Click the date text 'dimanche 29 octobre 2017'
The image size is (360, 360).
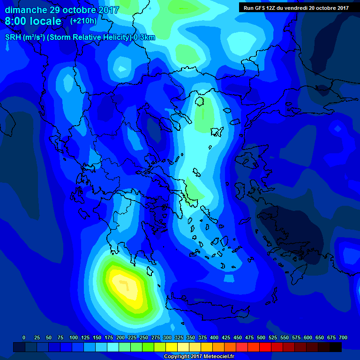coord(62,10)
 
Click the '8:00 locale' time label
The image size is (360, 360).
coord(33,21)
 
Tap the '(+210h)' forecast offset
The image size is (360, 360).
coord(83,21)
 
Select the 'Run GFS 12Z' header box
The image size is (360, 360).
coord(296,7)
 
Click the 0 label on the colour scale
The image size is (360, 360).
coord(24,337)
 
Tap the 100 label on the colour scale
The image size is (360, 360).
coord(74,337)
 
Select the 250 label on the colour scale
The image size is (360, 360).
coord(144,337)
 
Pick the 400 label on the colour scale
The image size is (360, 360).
coord(214,337)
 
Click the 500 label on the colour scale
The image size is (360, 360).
coord(261,337)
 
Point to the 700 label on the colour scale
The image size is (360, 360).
coord(343,337)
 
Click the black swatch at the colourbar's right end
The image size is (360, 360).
coord(336,347)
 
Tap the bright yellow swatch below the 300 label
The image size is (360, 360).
coord(172,347)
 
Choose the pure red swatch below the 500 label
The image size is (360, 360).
coord(265,347)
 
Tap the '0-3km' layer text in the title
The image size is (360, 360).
coord(144,37)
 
